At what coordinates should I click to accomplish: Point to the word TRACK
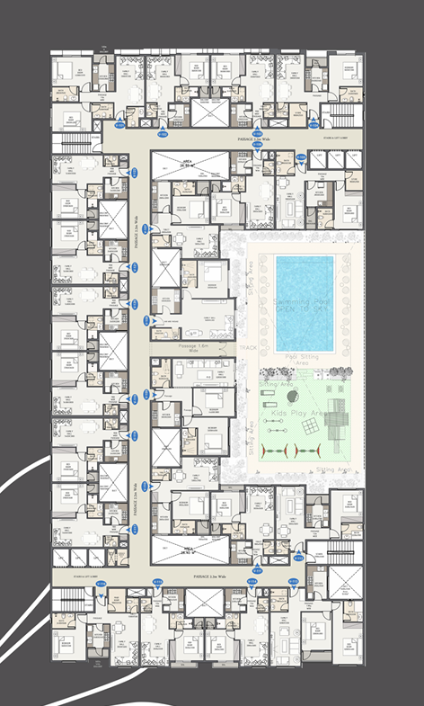click(247, 346)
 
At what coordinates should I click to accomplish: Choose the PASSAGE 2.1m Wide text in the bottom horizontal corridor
click(208, 573)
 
